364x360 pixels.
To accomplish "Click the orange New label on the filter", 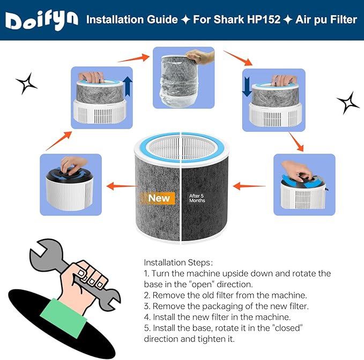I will coord(159,198).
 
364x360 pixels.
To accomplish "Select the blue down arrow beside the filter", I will coord(247,87).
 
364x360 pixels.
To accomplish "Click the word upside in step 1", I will coord(242,273).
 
